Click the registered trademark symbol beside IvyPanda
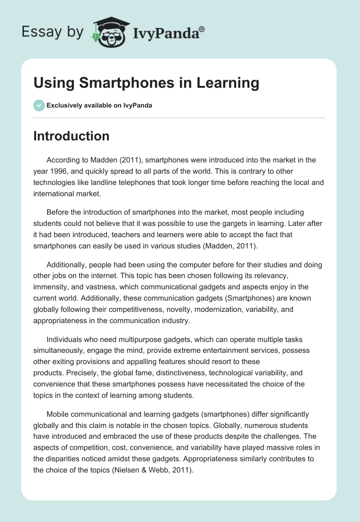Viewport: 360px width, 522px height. (202, 29)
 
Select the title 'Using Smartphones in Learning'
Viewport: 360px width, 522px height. (146, 83)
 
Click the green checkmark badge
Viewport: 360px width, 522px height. (39, 105)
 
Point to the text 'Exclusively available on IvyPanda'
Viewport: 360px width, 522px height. (99, 105)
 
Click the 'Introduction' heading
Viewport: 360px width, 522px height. (71, 136)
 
